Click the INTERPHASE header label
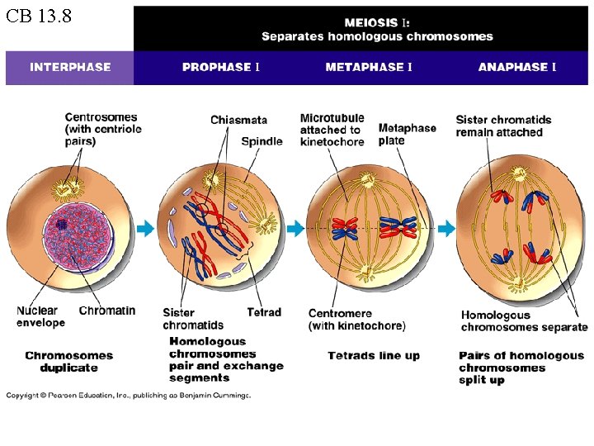coord(70,67)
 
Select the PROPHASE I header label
coord(220,67)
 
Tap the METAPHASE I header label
coord(369,67)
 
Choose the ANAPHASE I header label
coord(517,67)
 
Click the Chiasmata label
coord(238,121)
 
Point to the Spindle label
coord(262,141)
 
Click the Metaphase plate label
coord(407,134)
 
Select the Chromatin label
coord(107,311)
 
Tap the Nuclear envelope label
coord(40,316)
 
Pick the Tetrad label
coord(264,312)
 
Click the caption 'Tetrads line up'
coord(374,356)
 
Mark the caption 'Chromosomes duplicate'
coord(68,362)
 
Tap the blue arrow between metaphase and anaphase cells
coord(445,228)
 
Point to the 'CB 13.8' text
coord(38,17)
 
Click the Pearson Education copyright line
coord(129,396)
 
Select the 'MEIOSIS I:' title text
coord(376,22)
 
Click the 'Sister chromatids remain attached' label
coord(503,126)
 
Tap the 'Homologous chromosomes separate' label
coord(524,321)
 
